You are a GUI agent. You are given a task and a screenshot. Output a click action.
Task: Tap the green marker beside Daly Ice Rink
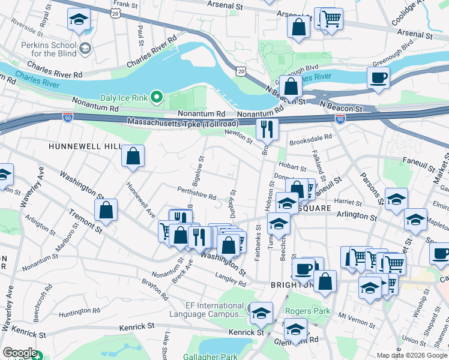(x=157, y=96)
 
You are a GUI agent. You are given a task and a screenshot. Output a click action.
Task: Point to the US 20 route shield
(x=240, y=71)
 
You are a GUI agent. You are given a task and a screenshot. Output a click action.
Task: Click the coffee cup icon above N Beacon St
(x=378, y=78)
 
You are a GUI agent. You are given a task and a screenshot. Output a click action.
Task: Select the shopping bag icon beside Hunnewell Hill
(x=133, y=157)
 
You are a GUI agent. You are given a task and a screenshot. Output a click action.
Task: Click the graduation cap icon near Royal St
(x=77, y=20)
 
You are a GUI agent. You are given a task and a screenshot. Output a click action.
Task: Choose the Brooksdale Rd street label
(x=310, y=137)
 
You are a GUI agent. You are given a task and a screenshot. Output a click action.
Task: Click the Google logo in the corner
(x=20, y=353)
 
